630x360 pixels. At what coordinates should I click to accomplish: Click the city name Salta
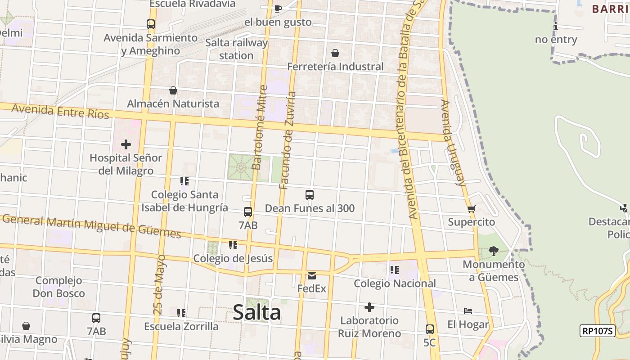(x=257, y=312)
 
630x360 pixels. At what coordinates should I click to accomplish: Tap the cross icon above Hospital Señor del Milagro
(x=126, y=144)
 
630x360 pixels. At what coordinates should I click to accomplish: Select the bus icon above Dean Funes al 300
(x=310, y=195)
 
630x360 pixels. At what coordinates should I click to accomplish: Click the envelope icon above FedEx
(x=311, y=275)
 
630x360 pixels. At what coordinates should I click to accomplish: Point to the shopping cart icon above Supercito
(x=471, y=209)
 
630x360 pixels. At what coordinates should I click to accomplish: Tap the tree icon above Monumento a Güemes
(x=494, y=251)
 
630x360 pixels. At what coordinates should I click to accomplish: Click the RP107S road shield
(x=597, y=331)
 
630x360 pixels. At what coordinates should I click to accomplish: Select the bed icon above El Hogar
(x=468, y=311)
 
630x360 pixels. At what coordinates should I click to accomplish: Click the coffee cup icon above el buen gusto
(x=278, y=9)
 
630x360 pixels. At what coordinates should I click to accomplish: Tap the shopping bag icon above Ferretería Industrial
(x=335, y=53)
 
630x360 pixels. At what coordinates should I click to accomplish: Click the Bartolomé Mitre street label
(x=260, y=128)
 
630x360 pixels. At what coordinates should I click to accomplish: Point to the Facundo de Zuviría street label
(x=287, y=140)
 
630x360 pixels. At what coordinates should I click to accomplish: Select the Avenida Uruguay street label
(x=453, y=143)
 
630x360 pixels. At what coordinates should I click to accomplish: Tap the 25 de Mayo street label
(x=159, y=284)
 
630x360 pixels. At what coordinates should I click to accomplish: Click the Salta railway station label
(x=236, y=49)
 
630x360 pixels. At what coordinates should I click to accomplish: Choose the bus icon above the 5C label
(x=430, y=329)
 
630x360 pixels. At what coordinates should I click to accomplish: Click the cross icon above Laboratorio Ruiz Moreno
(x=369, y=307)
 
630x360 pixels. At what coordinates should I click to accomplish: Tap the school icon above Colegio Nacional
(x=395, y=270)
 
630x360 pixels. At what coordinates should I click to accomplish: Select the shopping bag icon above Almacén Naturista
(x=173, y=90)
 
